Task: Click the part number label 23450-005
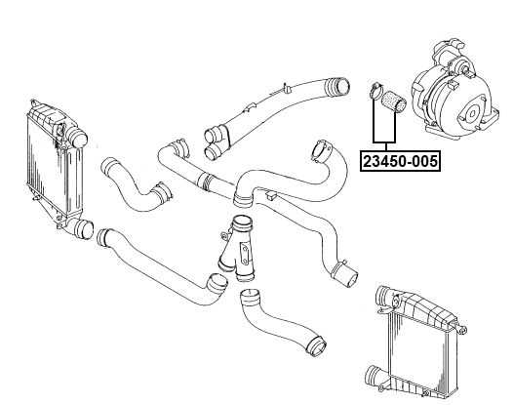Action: tap(400, 158)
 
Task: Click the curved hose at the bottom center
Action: tap(277, 323)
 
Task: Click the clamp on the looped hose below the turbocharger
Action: tap(318, 154)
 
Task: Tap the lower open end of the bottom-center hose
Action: tap(314, 344)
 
